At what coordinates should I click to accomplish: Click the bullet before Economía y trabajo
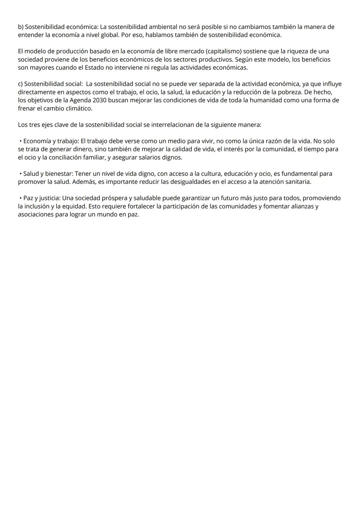pyautogui.click(x=21, y=141)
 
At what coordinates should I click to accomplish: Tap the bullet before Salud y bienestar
pyautogui.click(x=21, y=174)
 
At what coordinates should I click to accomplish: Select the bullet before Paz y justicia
pyautogui.click(x=21, y=198)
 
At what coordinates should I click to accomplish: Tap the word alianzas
pyautogui.click(x=302, y=206)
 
